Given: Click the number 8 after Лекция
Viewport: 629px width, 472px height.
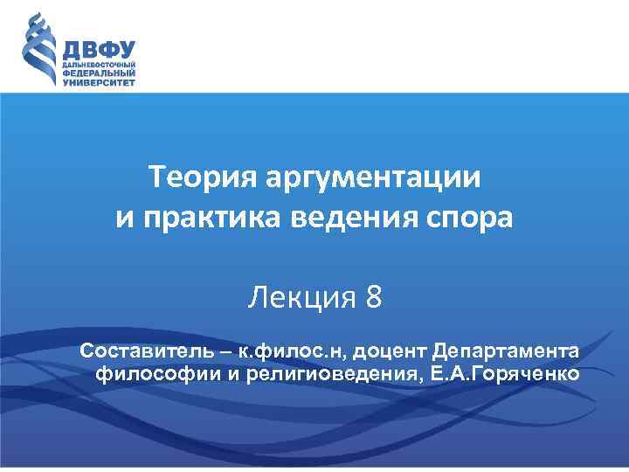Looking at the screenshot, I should pyautogui.click(x=373, y=299).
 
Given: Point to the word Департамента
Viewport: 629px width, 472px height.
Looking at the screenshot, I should pyautogui.click(x=505, y=351).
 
